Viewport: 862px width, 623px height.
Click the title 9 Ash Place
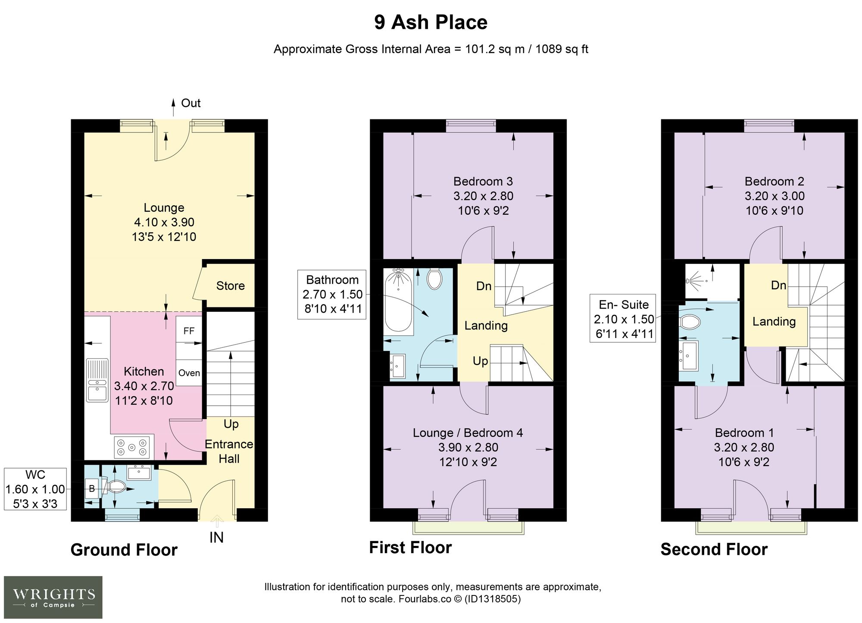pyautogui.click(x=431, y=22)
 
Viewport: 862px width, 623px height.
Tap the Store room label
pyautogui.click(x=230, y=286)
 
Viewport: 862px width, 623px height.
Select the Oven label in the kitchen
pyautogui.click(x=189, y=373)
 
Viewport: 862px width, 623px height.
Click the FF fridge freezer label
pyautogui.click(x=189, y=331)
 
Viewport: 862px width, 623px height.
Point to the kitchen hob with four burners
pyautogui.click(x=133, y=447)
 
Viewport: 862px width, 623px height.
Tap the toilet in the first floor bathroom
pyautogui.click(x=434, y=279)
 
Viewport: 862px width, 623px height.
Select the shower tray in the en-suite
pyautogui.click(x=712, y=282)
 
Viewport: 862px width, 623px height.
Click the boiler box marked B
pyautogui.click(x=92, y=489)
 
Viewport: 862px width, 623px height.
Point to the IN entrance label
pyautogui.click(x=216, y=538)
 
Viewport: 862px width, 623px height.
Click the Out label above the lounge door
pyautogui.click(x=191, y=103)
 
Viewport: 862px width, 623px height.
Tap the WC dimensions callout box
pyautogui.click(x=35, y=489)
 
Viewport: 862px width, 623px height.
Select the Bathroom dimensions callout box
pyautogui.click(x=332, y=294)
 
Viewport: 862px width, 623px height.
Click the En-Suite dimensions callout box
pyautogui.click(x=623, y=319)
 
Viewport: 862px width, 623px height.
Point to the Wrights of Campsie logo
pyautogui.click(x=53, y=597)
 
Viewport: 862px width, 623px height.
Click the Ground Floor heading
pyautogui.click(x=124, y=550)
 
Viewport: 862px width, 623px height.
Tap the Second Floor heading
pyautogui.click(x=714, y=550)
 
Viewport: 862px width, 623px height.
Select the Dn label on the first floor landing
pyautogui.click(x=484, y=286)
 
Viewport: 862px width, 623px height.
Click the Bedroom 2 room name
pyautogui.click(x=775, y=182)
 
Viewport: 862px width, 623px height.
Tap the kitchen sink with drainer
pyautogui.click(x=97, y=380)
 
